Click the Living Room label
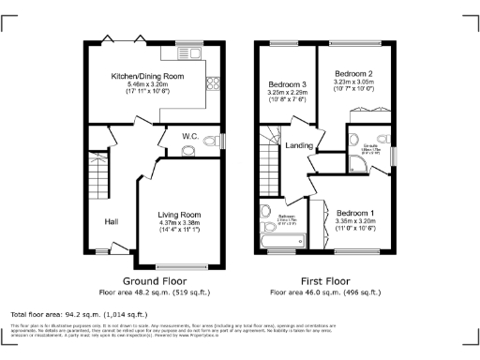178,215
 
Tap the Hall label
111,221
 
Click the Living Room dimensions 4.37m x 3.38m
178,223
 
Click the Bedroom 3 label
287,85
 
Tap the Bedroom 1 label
356,213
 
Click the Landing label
299,145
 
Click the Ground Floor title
154,280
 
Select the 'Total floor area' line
71,314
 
